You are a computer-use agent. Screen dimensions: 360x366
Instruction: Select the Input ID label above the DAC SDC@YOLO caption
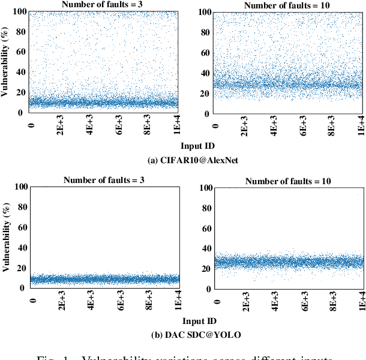197,321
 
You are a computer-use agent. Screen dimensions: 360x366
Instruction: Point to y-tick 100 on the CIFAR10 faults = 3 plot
19,11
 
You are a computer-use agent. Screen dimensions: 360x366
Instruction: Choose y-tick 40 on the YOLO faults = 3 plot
21,247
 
